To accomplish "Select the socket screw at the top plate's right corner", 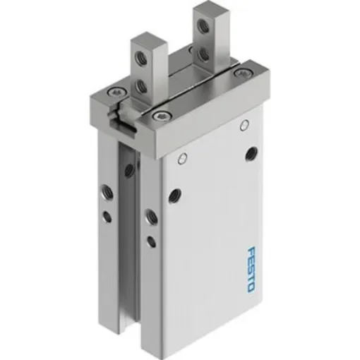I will (x=244, y=72).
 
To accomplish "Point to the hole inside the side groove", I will (x=129, y=169).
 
